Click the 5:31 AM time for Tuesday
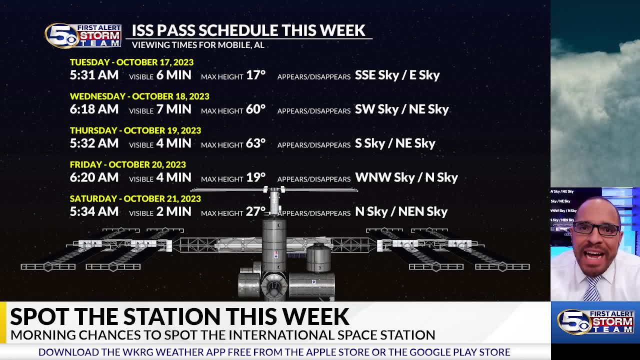point(94,75)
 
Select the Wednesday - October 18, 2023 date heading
point(139,96)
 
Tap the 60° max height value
point(255,109)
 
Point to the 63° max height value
point(255,143)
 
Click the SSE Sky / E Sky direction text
point(397,75)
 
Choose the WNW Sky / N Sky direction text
point(406,177)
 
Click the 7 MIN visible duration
point(173,109)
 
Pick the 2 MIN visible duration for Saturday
point(173,211)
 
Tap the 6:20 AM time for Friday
point(94,177)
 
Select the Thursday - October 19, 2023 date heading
point(135,130)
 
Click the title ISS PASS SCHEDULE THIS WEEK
point(248,30)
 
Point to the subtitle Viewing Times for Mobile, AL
point(197,45)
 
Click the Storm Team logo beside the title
point(83,35)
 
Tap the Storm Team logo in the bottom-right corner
point(595,321)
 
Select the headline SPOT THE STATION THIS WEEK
point(179,316)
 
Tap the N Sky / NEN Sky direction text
point(401,211)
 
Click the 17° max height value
point(255,75)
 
